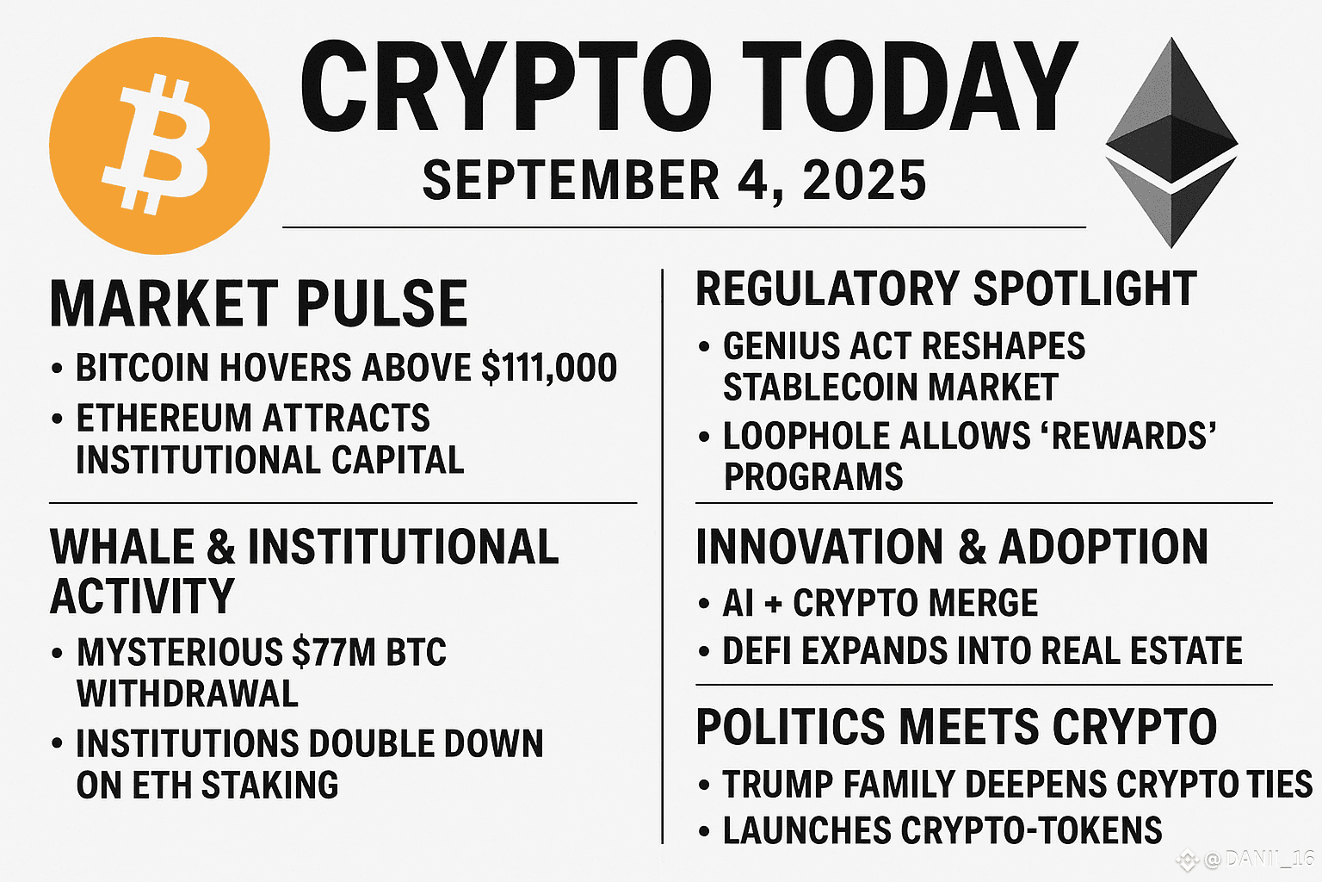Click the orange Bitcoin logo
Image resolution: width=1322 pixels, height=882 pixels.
click(x=159, y=146)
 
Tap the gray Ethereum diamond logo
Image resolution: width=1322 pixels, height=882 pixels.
click(x=1171, y=142)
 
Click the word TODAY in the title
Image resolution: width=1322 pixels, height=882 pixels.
click(x=910, y=86)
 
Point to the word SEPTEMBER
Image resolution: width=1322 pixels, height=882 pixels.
click(x=571, y=180)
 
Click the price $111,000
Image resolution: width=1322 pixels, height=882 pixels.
click(x=549, y=368)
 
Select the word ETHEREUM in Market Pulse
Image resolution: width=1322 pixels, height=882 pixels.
click(x=164, y=418)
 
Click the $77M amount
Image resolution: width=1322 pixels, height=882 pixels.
click(x=333, y=652)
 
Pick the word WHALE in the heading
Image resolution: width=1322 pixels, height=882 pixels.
click(x=122, y=547)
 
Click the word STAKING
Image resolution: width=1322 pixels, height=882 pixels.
click(x=270, y=786)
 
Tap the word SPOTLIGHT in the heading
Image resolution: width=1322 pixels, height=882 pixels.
click(x=1084, y=289)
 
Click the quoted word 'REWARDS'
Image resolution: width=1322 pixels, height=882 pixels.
click(x=1134, y=436)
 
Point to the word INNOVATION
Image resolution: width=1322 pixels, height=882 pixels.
click(x=819, y=547)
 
